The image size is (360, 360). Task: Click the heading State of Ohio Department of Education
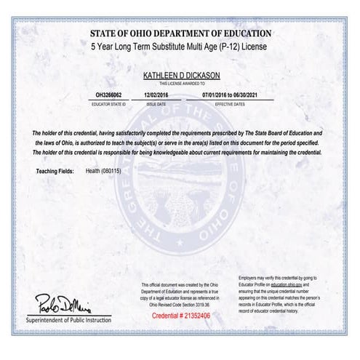point(180,33)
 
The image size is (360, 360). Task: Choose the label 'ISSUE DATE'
point(156,103)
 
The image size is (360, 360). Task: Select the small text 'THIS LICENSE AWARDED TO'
point(180,84)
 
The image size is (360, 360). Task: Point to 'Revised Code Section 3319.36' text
point(181,304)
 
